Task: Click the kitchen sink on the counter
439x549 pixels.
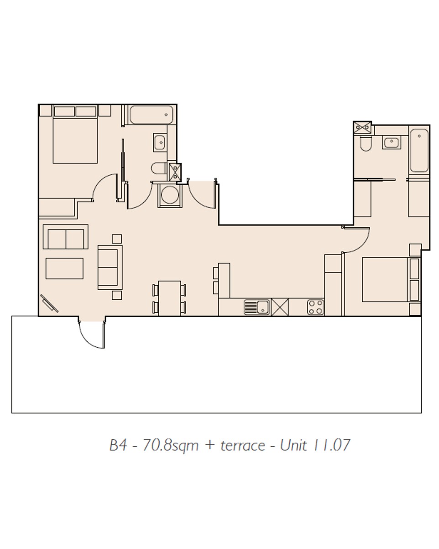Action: (256, 307)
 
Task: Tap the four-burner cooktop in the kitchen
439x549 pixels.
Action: (315, 307)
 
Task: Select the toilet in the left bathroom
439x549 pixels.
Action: (158, 168)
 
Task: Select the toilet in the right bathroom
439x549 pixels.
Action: (366, 144)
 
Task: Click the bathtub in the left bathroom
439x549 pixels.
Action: (151, 115)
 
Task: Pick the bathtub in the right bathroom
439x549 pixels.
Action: (419, 151)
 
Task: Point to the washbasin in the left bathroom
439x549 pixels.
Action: (159, 142)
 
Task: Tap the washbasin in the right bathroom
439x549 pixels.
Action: (391, 142)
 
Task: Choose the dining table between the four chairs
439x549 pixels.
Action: (169, 298)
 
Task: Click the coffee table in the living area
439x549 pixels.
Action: (64, 268)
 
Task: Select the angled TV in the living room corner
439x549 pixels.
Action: (49, 303)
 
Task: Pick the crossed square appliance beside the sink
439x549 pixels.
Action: (280, 307)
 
